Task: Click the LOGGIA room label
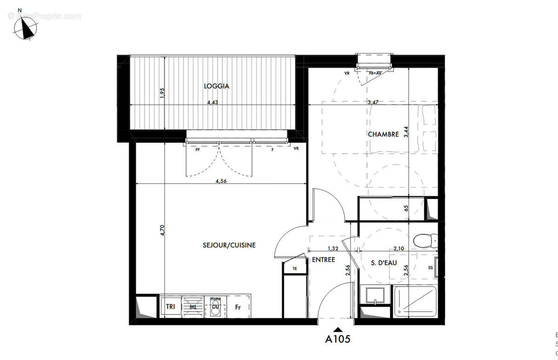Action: point(216,86)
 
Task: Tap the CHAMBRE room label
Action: point(383,134)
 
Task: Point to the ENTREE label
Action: point(323,260)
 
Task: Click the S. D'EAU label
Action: point(384,263)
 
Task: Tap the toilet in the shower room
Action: point(426,240)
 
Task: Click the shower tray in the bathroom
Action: point(415,302)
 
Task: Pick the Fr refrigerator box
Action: point(238,307)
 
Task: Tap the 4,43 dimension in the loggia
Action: point(212,102)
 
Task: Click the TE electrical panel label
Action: point(295,268)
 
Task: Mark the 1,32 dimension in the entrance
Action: point(332,249)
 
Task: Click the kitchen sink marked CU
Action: point(215,307)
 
